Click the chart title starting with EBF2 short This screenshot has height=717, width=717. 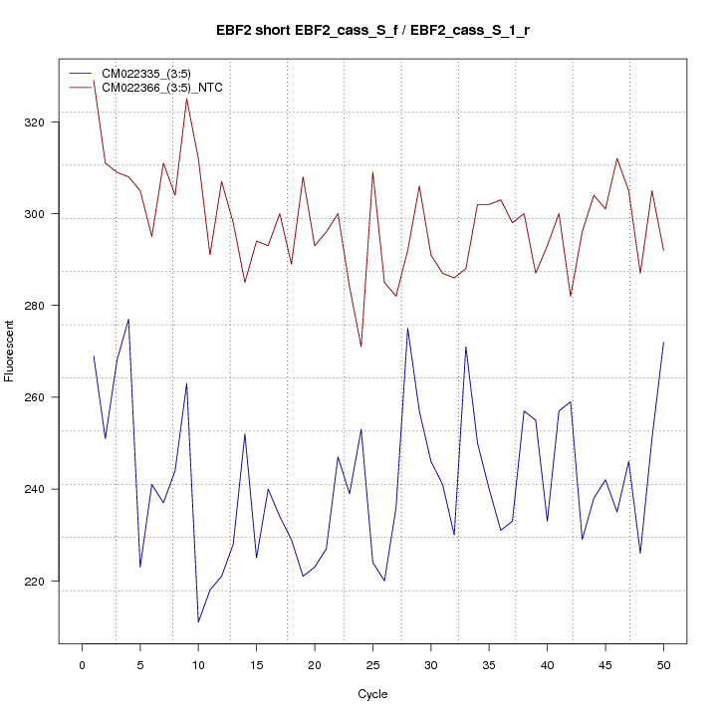tap(372, 31)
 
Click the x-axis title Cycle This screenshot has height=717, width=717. tap(372, 694)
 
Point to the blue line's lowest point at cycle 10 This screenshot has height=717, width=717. tap(198, 622)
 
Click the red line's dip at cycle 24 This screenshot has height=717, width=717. tap(361, 347)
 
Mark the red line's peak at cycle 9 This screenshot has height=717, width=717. tap(186, 99)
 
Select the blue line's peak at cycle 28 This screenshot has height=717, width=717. tap(407, 329)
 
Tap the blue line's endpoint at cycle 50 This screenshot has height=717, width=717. tap(663, 343)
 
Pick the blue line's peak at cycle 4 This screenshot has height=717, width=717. tap(128, 320)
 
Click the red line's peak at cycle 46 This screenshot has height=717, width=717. tap(617, 158)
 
